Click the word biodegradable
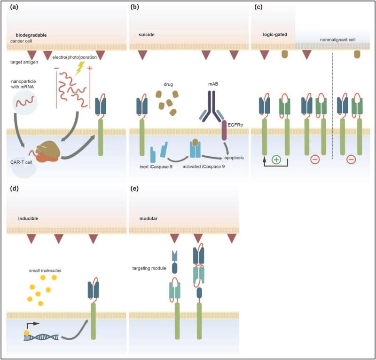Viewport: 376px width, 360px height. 31,35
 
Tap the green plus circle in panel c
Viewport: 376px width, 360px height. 276,159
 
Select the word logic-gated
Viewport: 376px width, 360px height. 275,35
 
